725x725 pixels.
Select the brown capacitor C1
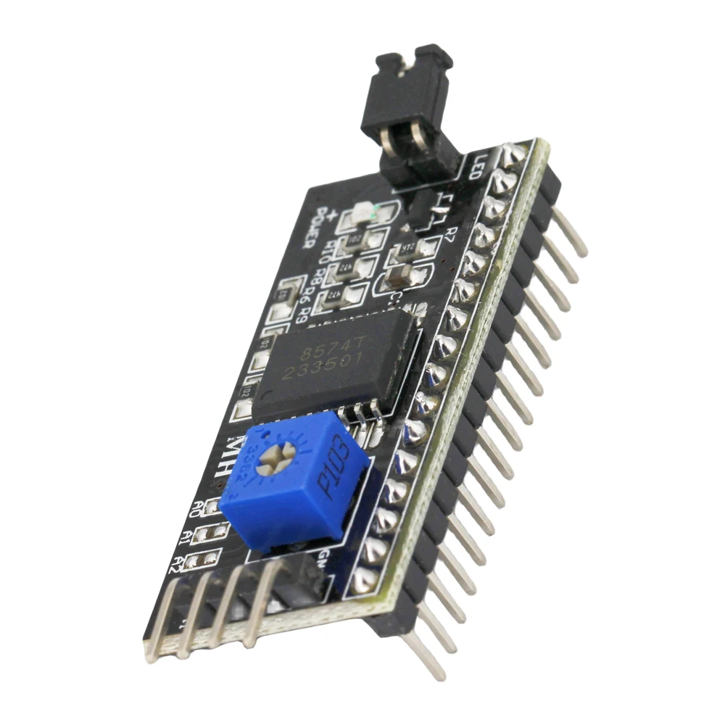click(x=399, y=275)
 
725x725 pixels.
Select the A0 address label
click(x=194, y=508)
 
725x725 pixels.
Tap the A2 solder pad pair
click(x=203, y=559)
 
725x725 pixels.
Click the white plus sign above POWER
click(x=331, y=213)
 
